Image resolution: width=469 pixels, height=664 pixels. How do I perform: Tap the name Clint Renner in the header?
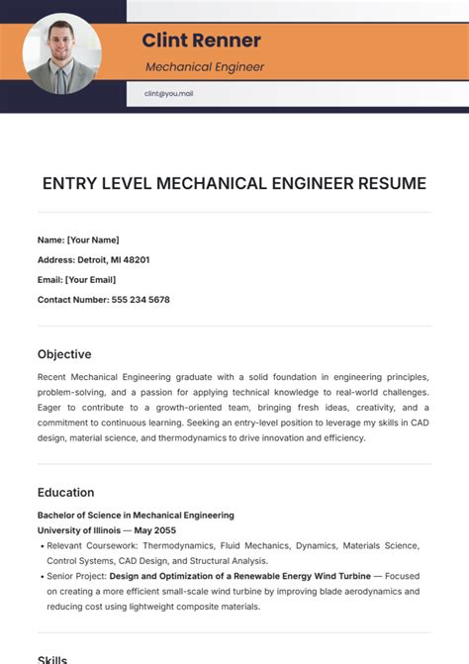tap(201, 41)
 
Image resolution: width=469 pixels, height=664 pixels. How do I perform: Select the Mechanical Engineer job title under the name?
tap(205, 67)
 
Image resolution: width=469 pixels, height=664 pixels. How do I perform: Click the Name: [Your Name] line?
tap(78, 239)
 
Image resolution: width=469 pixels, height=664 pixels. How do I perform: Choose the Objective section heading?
tap(64, 354)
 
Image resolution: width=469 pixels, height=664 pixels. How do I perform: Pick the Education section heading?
tap(66, 492)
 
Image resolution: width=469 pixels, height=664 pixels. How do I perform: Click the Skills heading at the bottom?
tap(52, 659)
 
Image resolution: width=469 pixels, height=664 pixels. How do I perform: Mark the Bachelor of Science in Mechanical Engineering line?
tap(136, 515)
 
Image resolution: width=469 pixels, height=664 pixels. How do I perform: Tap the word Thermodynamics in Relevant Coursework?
tap(181, 545)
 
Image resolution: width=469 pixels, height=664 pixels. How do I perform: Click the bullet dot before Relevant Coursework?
tap(41, 545)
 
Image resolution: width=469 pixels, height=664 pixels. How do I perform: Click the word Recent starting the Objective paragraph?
tap(53, 377)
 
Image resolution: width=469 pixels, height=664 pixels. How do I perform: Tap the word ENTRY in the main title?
tap(67, 184)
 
